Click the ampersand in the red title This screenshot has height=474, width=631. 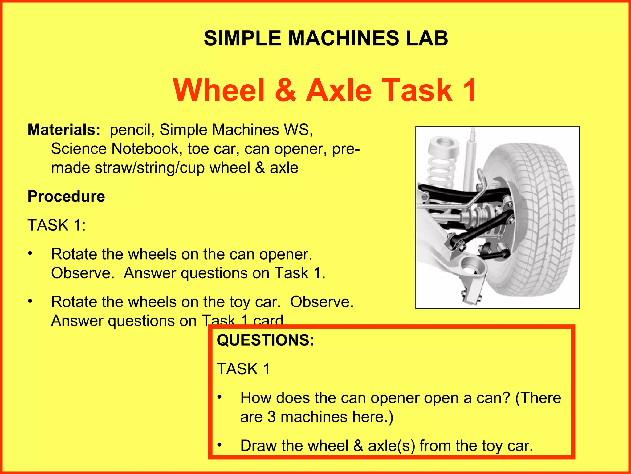(285, 90)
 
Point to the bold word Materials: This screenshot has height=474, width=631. (64, 130)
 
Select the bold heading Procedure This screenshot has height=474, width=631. (66, 196)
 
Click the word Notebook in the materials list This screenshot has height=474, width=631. (145, 149)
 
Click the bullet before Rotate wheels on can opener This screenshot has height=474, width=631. (30, 254)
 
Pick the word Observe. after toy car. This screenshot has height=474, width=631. (322, 302)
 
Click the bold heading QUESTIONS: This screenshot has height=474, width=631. (265, 340)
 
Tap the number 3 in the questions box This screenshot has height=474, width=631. (271, 417)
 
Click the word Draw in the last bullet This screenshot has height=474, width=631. (258, 446)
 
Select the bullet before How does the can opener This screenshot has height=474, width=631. (219, 397)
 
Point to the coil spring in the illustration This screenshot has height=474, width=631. (441, 173)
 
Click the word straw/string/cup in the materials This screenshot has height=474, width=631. (150, 168)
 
